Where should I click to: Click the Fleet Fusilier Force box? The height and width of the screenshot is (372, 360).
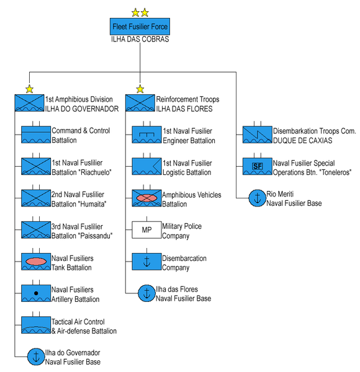pyautogui.click(x=140, y=26)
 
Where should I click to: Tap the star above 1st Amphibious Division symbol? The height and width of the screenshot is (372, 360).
pyautogui.click(x=29, y=89)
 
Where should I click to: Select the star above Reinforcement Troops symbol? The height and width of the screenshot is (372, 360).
pyautogui.click(x=140, y=89)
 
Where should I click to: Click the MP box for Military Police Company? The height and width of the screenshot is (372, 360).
pyautogui.click(x=146, y=230)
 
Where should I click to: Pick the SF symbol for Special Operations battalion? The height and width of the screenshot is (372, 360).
pyautogui.click(x=258, y=166)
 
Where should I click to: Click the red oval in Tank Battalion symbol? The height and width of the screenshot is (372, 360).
pyautogui.click(x=36, y=262)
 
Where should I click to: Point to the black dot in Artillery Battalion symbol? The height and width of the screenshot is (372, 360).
pyautogui.click(x=36, y=293)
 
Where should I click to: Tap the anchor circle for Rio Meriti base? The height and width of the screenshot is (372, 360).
pyautogui.click(x=258, y=198)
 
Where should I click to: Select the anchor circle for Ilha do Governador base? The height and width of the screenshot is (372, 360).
pyautogui.click(x=36, y=356)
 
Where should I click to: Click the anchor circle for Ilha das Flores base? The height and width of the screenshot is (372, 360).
pyautogui.click(x=146, y=293)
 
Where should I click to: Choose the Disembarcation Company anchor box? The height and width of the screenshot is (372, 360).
pyautogui.click(x=146, y=262)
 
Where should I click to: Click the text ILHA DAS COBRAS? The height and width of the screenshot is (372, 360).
pyautogui.click(x=140, y=39)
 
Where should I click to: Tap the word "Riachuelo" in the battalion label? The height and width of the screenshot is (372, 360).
pyautogui.click(x=96, y=172)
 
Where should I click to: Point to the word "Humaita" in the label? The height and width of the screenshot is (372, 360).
pyautogui.click(x=92, y=204)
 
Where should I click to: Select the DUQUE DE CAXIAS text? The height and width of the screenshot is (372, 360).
pyautogui.click(x=302, y=141)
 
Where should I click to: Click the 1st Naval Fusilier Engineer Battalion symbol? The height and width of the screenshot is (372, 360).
pyautogui.click(x=146, y=135)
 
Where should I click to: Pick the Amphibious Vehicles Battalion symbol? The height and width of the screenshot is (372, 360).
pyautogui.click(x=146, y=198)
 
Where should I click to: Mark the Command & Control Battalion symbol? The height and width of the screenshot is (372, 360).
pyautogui.click(x=36, y=135)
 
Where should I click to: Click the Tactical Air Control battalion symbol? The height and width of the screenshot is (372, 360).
pyautogui.click(x=36, y=325)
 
